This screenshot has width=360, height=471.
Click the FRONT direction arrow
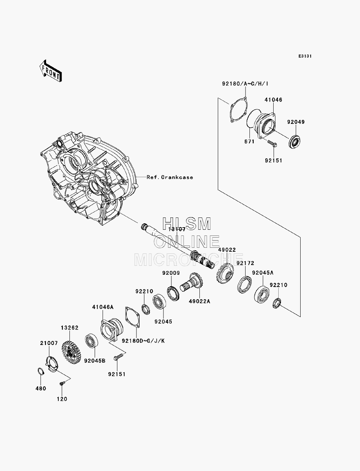click(x=51, y=71)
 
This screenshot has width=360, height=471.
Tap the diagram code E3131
click(x=305, y=56)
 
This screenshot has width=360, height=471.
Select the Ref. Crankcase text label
click(x=170, y=177)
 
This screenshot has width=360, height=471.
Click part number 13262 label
click(x=69, y=328)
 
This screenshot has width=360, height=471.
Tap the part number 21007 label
click(x=49, y=343)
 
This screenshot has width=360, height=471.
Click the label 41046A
click(x=103, y=307)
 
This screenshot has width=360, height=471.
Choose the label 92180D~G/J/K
click(x=143, y=341)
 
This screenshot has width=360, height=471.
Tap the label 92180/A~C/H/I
click(x=245, y=84)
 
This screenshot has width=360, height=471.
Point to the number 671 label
click(x=249, y=142)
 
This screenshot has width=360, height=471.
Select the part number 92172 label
click(x=245, y=263)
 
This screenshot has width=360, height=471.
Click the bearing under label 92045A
click(x=262, y=294)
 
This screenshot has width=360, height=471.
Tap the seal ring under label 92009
click(x=173, y=293)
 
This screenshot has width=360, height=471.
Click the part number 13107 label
click(x=177, y=229)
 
